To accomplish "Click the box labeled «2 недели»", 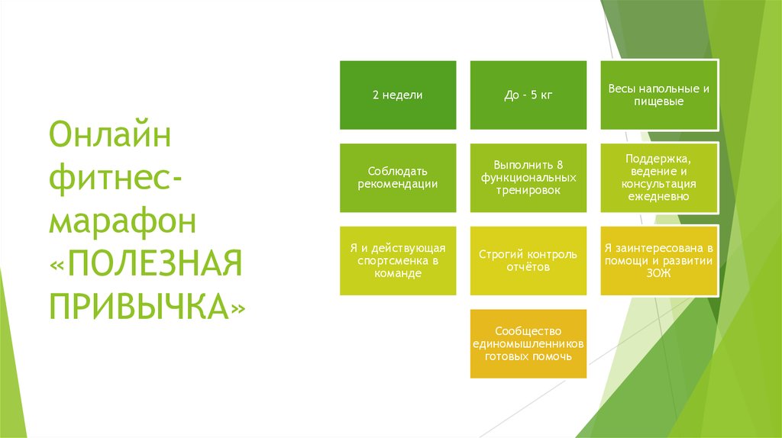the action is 398,95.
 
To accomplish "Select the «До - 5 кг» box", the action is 528,95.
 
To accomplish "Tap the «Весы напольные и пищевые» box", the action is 659,95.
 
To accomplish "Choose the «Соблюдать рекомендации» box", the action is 398,178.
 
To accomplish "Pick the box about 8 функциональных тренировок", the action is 528,178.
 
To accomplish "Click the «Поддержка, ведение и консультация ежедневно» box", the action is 659,178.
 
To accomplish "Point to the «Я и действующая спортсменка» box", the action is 398,261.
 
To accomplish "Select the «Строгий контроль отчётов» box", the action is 528,261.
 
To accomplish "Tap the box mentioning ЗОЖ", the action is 659,261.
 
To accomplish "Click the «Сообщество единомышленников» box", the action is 528,344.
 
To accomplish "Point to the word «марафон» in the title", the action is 123,221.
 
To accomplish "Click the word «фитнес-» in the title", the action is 116,179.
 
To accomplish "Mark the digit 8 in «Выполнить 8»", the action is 560,165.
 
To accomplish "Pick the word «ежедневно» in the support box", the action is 658,197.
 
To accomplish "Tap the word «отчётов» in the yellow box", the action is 528,267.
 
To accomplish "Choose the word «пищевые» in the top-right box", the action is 659,101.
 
